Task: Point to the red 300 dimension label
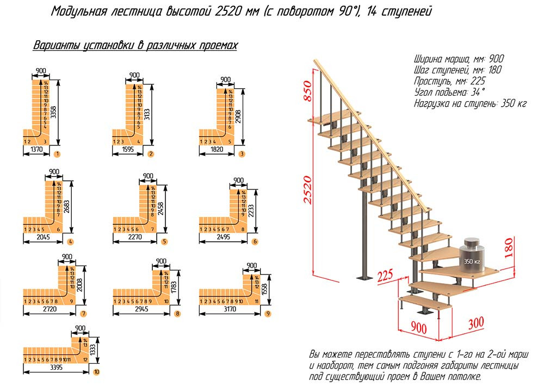tap(475, 323)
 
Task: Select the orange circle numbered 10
tap(97, 372)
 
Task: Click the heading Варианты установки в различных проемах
tap(135, 45)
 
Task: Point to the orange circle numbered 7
tap(83, 314)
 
